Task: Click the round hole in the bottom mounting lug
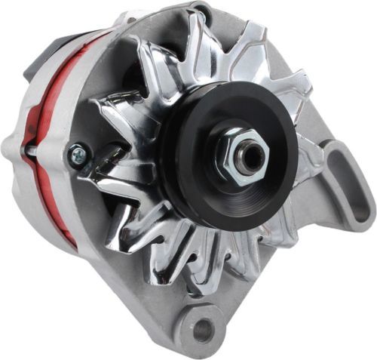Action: click(x=203, y=329)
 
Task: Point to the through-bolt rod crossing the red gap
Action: click(x=34, y=150)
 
